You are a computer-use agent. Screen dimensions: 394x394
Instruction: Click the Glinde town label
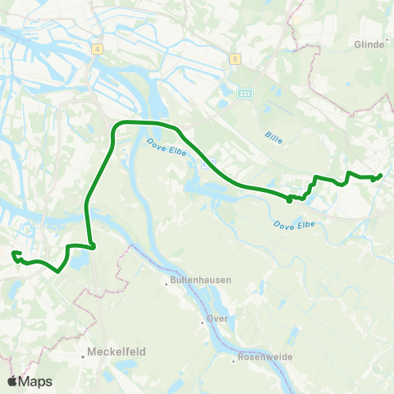point(369,44)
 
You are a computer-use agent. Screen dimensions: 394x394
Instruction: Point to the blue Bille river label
point(274,140)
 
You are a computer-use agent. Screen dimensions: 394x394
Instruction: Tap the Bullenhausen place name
point(201,280)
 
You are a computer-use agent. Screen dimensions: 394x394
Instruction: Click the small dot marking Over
point(202,322)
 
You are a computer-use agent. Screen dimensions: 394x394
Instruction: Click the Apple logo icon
point(12,381)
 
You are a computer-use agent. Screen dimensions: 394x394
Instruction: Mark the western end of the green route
point(14,254)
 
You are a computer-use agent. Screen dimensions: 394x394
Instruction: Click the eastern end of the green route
point(381,175)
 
